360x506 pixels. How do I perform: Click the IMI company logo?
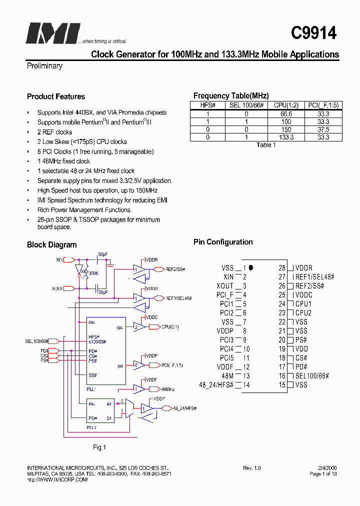click(52, 33)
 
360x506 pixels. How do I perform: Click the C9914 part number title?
click(313, 33)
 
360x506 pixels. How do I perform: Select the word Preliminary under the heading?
click(44, 66)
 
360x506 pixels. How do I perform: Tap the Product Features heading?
click(56, 96)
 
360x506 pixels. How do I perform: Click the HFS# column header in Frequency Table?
click(207, 105)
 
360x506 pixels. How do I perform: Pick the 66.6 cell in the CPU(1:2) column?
click(286, 114)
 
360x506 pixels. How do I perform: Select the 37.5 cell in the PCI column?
click(323, 129)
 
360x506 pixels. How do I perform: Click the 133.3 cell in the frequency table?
click(286, 137)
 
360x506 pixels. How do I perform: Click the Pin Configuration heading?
click(223, 242)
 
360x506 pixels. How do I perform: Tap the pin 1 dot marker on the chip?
click(251, 268)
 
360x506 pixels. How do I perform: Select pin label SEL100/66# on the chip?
click(312, 376)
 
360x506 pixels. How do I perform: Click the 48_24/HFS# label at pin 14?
click(218, 385)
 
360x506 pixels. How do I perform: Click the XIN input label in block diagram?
click(59, 259)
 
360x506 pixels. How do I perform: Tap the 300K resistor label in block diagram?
click(93, 273)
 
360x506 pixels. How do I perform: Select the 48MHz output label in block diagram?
click(167, 388)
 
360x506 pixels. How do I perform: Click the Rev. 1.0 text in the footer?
click(252, 468)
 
